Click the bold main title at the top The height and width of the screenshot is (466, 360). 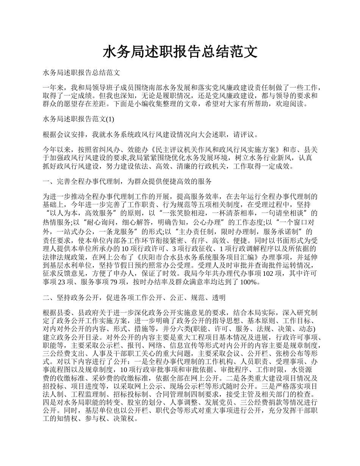(x=180, y=52)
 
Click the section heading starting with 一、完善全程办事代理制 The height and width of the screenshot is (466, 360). (x=127, y=181)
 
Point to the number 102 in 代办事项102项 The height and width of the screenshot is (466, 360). (x=268, y=273)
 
